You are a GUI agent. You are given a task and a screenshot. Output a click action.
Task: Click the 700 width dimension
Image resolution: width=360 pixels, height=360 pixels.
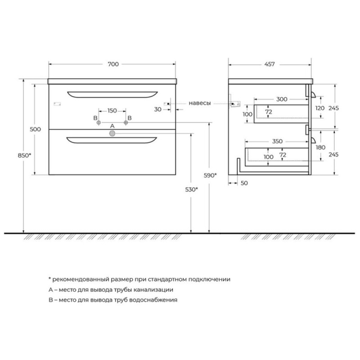pos(113,64)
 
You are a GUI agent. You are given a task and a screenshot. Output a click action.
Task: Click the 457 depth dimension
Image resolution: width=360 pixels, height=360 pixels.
pos(269,64)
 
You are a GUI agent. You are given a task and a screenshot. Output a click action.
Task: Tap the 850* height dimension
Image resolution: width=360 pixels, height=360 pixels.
pos(24,155)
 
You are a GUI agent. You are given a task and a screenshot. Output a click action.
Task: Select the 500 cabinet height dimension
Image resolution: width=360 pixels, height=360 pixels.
pos(36,129)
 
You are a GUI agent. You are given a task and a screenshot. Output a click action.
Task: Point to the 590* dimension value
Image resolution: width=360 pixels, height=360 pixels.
pos(210,175)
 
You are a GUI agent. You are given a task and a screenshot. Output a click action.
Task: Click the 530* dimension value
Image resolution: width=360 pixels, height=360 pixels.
pos(192,189)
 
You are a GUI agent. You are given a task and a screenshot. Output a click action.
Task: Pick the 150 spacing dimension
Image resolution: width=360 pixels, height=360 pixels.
pos(112,111)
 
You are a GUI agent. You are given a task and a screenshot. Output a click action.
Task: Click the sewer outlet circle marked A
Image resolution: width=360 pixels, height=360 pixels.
pos(112,133)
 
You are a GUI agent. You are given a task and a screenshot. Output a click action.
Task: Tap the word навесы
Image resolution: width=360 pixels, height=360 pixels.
pos(200,103)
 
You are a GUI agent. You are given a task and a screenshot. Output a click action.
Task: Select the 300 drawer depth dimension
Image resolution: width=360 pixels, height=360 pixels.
pos(282,99)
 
